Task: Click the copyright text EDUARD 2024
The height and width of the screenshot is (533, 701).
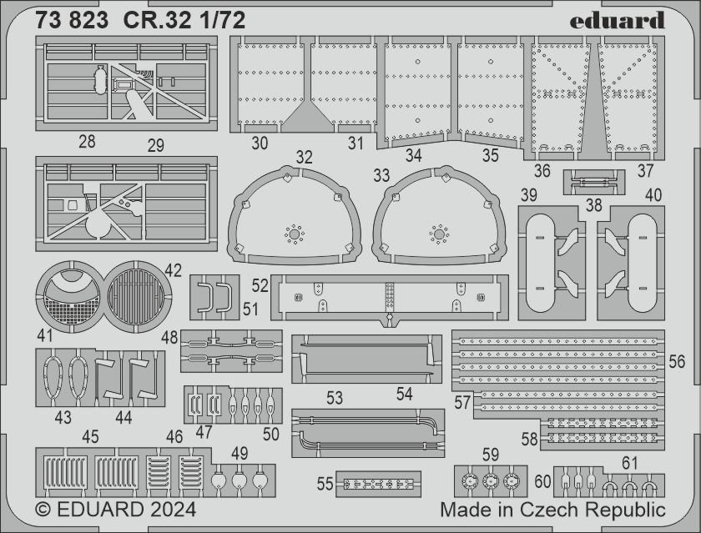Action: coord(116,509)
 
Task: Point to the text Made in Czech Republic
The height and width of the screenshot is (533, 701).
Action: coord(553,509)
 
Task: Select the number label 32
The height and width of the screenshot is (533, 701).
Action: coord(304,158)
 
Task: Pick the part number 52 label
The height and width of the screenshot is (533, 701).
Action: coord(260,285)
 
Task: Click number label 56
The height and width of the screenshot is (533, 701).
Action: coord(677,361)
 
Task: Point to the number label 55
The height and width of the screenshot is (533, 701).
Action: coord(325,484)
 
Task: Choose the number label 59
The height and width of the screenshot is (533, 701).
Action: coord(491,455)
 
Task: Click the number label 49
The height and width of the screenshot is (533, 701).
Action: coord(240,454)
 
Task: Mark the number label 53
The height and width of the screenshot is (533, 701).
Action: coord(335,399)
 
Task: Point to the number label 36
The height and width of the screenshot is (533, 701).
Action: coord(542,171)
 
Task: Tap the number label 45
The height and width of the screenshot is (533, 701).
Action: coord(90,436)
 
